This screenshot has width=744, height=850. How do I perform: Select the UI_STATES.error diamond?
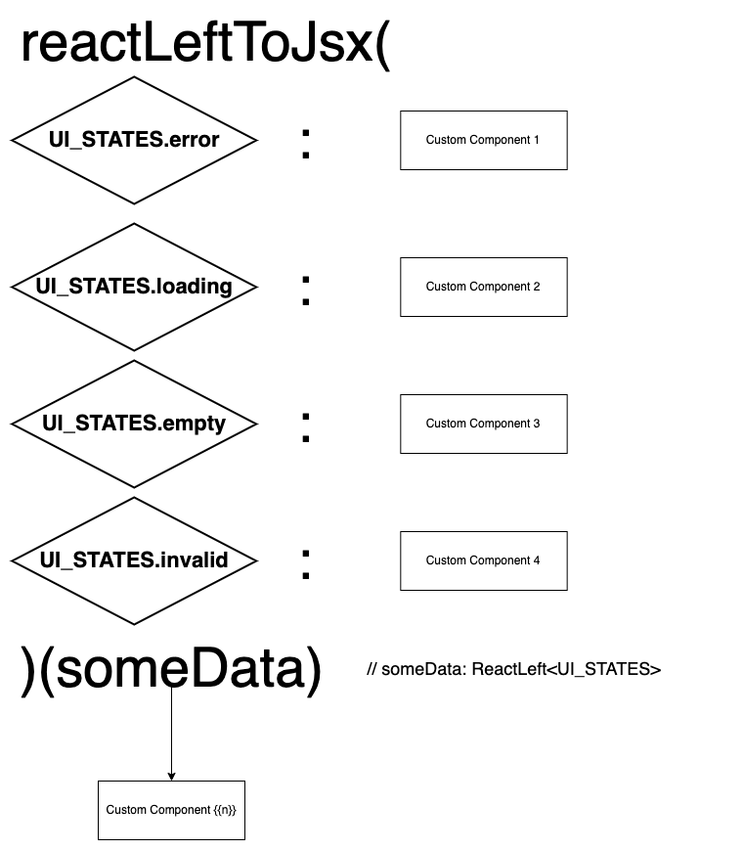134,140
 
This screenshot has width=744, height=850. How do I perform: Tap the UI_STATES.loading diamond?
134,287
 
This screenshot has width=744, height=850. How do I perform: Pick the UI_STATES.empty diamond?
134,424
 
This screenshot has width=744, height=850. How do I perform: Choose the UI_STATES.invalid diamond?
134,560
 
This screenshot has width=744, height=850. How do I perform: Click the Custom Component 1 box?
483,140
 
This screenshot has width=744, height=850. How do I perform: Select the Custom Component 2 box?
483,287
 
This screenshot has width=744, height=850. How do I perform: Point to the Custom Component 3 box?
483,424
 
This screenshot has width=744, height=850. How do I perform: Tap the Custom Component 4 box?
483,560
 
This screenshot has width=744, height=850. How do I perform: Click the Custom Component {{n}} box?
171,810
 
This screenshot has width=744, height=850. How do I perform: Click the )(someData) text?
171,670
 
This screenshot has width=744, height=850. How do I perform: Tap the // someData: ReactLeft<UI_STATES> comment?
514,670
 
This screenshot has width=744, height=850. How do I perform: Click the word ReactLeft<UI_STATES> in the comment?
566,670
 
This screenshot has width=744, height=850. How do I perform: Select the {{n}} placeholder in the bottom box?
225,810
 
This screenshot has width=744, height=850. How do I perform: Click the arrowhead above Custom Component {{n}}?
171,776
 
